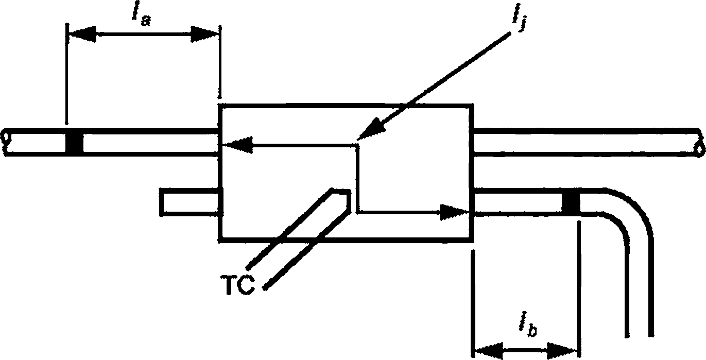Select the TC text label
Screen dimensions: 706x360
click(x=237, y=284)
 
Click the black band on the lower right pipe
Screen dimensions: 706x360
click(x=571, y=202)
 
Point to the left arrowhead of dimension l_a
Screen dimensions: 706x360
click(x=82, y=33)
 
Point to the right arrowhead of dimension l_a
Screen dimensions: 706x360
click(x=205, y=33)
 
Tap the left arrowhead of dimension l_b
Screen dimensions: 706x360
click(x=489, y=350)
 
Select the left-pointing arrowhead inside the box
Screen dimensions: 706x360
click(x=237, y=145)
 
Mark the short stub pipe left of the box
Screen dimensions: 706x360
click(x=189, y=202)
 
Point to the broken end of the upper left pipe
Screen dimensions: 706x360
click(x=6, y=142)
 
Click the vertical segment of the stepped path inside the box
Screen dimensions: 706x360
click(x=358, y=178)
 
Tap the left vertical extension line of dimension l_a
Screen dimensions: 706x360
click(x=67, y=74)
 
